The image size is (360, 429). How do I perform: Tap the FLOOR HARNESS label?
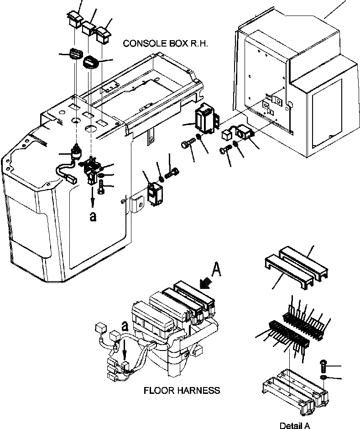click(x=182, y=391)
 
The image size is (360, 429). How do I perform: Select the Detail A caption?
click(x=295, y=425)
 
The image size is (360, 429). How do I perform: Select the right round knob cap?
click(x=90, y=62)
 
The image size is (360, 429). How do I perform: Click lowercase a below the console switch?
click(x=93, y=216)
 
